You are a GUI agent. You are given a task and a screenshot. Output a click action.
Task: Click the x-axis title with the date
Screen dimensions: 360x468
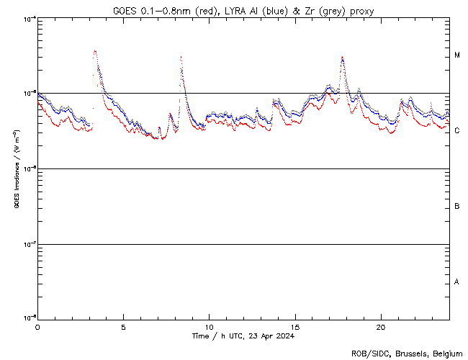click(243, 336)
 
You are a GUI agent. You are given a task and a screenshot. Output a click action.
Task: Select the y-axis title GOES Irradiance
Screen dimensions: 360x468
click(15, 169)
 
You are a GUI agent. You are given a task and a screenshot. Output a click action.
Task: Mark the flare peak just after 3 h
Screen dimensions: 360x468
click(95, 51)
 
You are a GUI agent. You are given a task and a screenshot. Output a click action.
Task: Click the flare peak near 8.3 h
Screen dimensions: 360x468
click(181, 57)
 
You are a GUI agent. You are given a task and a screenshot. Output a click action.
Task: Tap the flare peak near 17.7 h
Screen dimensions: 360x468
click(343, 58)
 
